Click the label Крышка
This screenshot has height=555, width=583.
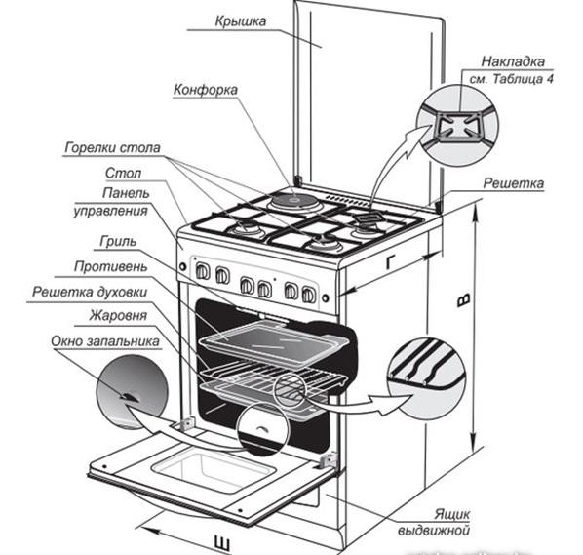[241, 20]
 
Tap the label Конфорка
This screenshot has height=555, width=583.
[206, 90]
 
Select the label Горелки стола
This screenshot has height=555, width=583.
[112, 147]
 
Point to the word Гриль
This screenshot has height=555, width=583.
[118, 242]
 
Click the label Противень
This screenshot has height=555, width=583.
[111, 266]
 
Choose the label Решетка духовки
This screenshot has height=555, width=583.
[90, 292]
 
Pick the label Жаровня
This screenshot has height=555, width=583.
[118, 316]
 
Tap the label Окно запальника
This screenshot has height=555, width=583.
[105, 341]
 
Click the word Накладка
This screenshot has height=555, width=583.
[513, 61]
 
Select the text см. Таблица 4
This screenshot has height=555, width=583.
[511, 79]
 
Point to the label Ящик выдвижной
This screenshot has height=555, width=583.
[434, 522]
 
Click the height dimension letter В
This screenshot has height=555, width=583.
[464, 299]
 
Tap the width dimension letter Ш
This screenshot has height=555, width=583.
[222, 543]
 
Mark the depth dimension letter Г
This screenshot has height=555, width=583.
[390, 262]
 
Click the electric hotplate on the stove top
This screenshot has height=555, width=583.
[294, 202]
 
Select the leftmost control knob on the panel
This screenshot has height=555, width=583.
[202, 271]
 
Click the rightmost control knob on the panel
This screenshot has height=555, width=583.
[309, 295]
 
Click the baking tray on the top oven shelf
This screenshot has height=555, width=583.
[274, 342]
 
